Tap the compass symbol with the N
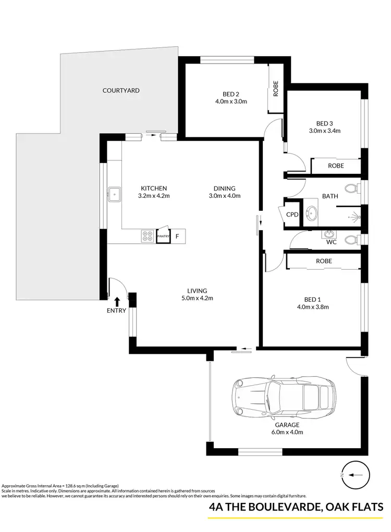tap(351, 475)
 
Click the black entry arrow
tap(117, 301)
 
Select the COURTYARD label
tap(121, 91)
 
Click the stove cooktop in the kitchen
tap(147, 236)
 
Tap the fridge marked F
tap(177, 237)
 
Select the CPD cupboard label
tap(292, 214)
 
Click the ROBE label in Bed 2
tap(275, 89)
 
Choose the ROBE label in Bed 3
tap(335, 167)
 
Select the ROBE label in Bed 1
tap(324, 261)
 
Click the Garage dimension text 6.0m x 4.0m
tap(285, 432)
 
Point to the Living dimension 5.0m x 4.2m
tap(198, 298)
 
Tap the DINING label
tap(224, 188)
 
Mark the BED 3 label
tap(324, 123)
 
